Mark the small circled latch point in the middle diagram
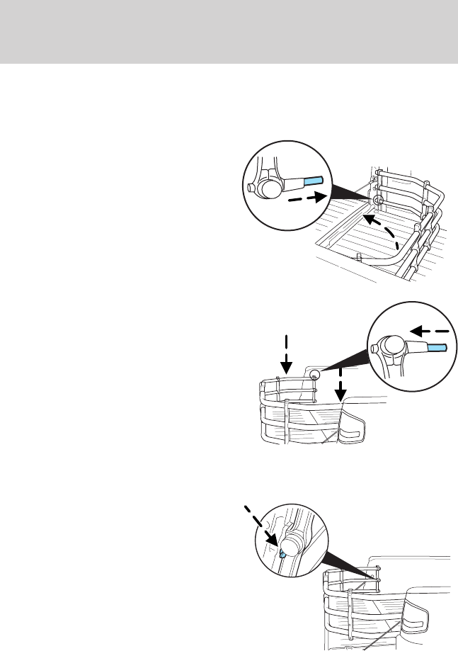point(316,374)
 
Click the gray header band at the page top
point(229,31)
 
